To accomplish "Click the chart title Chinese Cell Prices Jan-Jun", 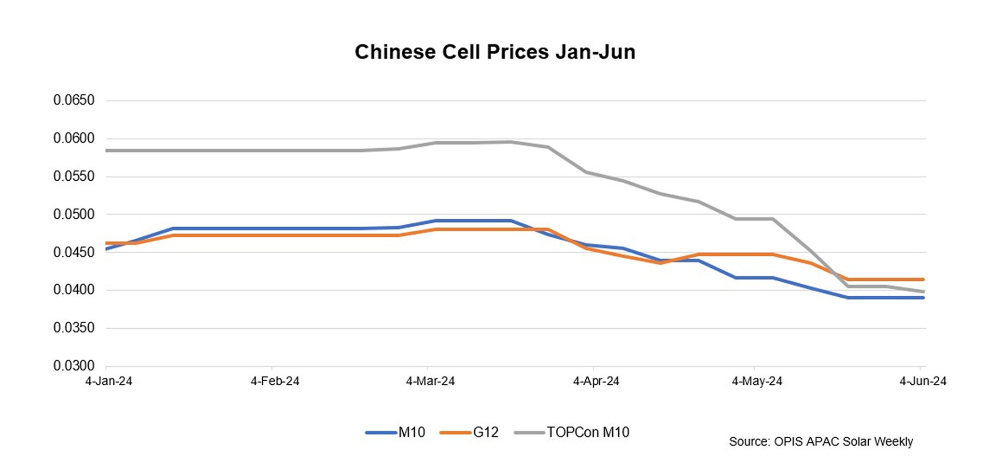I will (494, 52).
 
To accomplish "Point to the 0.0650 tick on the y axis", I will (74, 101).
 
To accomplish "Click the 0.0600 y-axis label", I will (74, 139).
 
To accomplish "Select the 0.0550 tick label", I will (74, 176).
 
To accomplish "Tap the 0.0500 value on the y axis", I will (74, 214).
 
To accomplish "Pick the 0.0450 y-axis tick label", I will (74, 252).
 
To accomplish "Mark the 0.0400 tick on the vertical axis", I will (74, 290).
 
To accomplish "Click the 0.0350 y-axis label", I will (74, 328).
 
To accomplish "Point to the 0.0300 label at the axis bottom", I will (74, 366).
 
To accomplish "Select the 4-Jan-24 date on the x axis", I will (109, 381).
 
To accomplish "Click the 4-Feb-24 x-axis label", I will (275, 381).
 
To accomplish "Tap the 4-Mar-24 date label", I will (430, 381).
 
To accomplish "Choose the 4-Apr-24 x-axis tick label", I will (596, 381).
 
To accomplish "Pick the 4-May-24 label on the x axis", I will (757, 381).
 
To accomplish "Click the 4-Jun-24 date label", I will (923, 381).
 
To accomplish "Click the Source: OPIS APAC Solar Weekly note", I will (821, 442).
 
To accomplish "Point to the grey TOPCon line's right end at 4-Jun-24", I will (923, 291).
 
